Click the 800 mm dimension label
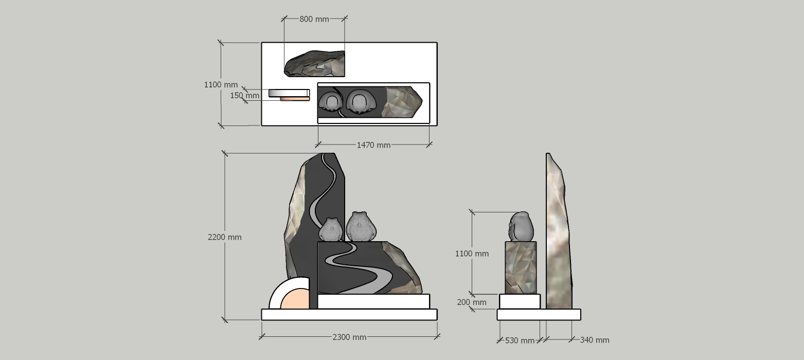pyautogui.click(x=314, y=19)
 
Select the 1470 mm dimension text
pyautogui.click(x=373, y=145)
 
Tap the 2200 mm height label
pyautogui.click(x=225, y=237)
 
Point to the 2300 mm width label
pyautogui.click(x=349, y=337)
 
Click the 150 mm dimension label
pyautogui.click(x=244, y=96)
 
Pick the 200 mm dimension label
pyautogui.click(x=472, y=302)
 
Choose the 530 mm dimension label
pyautogui.click(x=520, y=340)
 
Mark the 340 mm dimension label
pyautogui.click(x=595, y=340)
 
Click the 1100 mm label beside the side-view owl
pyautogui.click(x=472, y=254)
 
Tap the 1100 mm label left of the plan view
pyautogui.click(x=221, y=85)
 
